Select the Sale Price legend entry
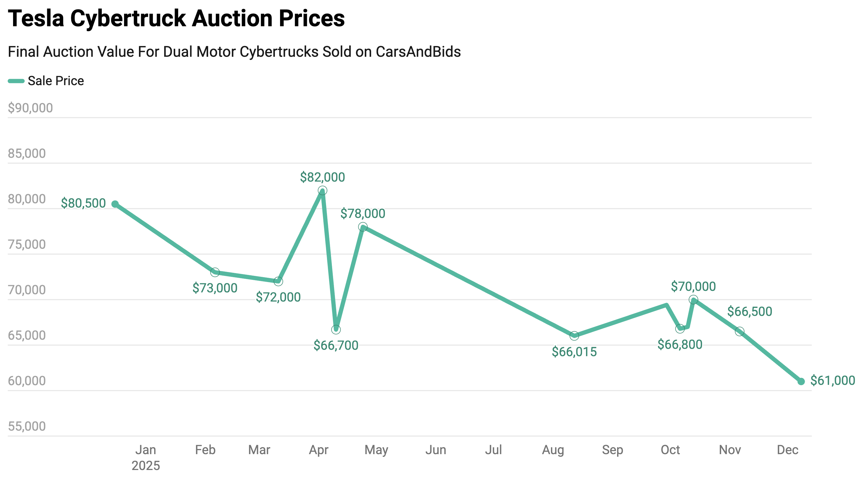(46, 81)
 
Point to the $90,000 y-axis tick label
(30, 108)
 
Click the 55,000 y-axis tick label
(27, 426)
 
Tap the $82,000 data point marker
(322, 191)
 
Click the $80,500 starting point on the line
(115, 204)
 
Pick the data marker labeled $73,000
(215, 272)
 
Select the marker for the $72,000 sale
(278, 281)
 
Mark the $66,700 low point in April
(336, 330)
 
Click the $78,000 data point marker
(363, 227)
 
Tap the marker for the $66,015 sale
(574, 335)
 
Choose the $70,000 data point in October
(694, 299)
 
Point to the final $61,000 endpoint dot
(801, 382)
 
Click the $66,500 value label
(749, 312)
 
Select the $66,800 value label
(680, 345)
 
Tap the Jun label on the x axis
(435, 450)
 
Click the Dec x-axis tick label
(787, 450)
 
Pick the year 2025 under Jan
(146, 466)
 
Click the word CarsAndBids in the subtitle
(418, 52)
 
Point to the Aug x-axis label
(553, 450)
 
